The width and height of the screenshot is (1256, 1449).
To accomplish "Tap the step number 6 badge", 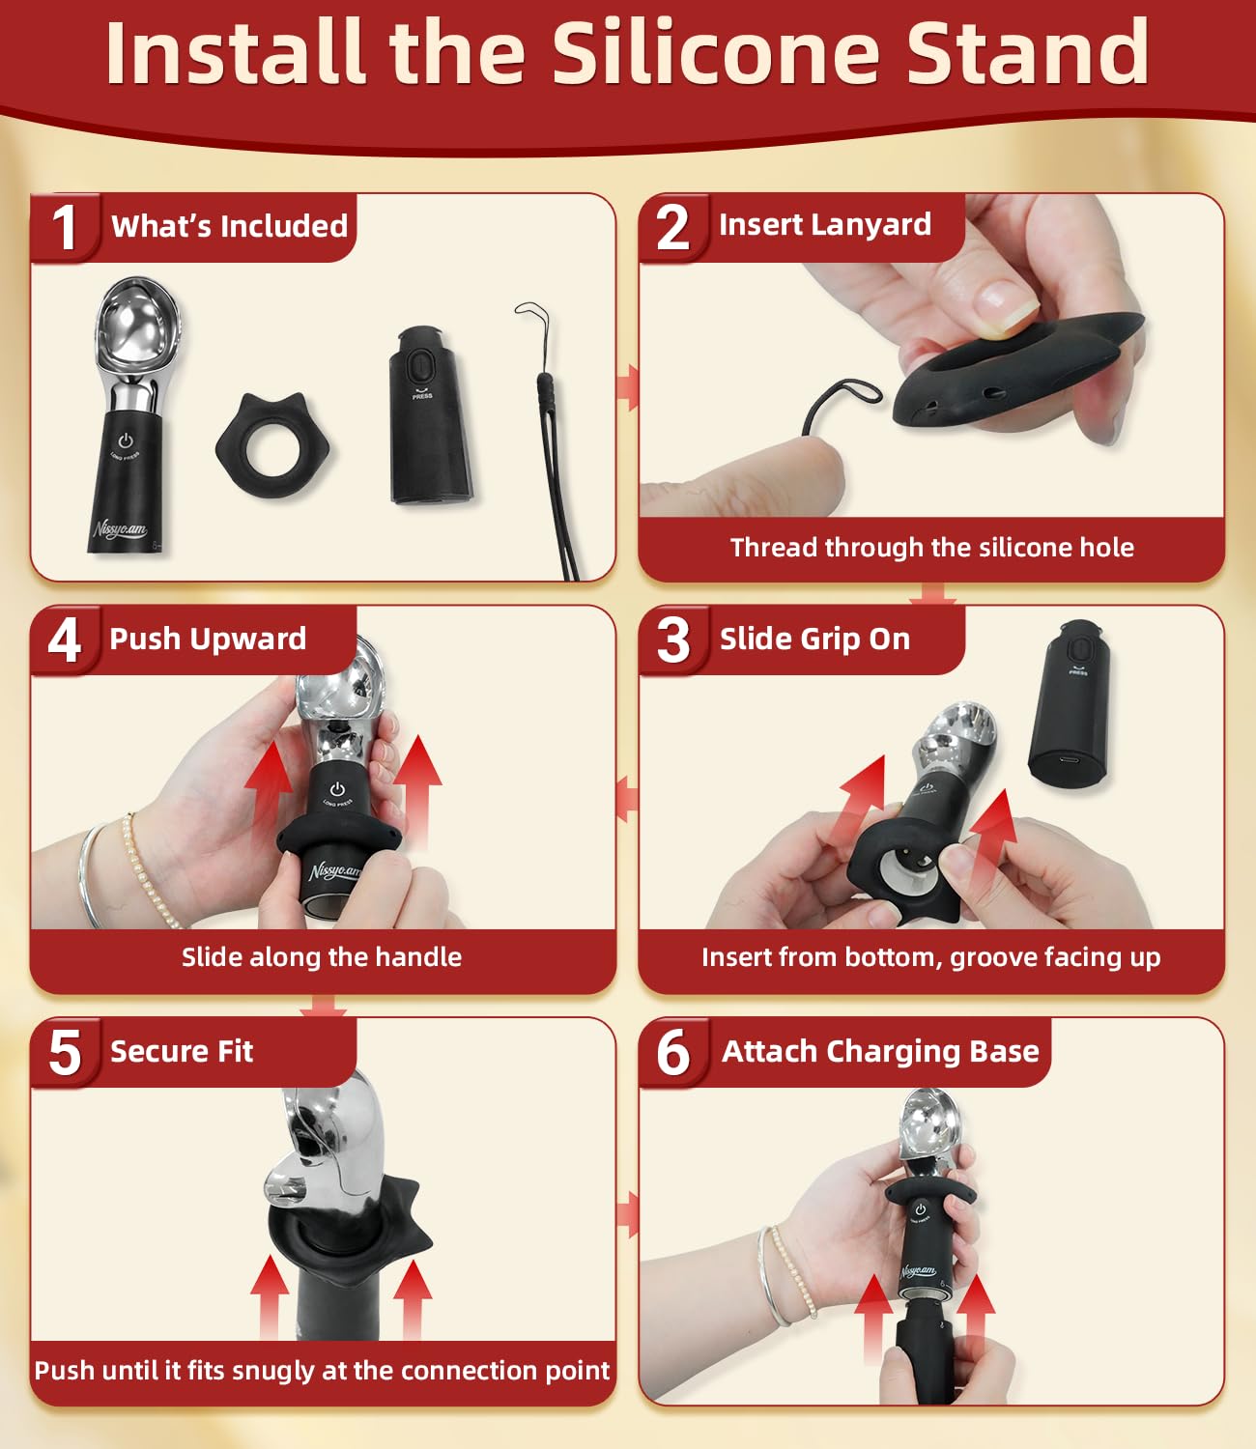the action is tap(672, 1052).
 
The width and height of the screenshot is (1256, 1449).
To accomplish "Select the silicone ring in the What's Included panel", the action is tap(273, 446).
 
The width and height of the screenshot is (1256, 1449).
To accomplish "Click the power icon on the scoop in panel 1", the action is tap(126, 440).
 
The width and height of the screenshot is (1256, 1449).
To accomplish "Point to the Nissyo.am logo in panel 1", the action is tap(119, 528).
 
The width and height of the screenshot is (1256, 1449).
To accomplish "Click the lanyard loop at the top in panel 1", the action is tap(531, 316).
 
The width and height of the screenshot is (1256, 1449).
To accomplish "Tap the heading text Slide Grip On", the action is tap(814, 639).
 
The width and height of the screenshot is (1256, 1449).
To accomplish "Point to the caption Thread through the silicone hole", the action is tap(931, 547).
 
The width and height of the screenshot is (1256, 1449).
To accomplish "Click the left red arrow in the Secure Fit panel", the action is tap(270, 1297).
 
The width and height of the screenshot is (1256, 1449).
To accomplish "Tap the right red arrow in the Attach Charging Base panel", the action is tap(974, 1318).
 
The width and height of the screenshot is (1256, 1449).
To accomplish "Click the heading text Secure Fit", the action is tap(182, 1051).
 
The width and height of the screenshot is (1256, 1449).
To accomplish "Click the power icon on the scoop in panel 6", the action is tap(921, 1209).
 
